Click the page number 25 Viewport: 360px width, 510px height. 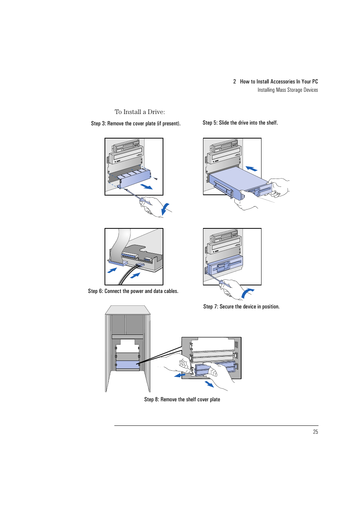click(x=315, y=432)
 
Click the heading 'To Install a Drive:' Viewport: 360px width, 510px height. click(x=140, y=112)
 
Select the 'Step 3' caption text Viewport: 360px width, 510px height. click(x=135, y=123)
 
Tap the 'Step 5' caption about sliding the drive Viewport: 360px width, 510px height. click(x=240, y=123)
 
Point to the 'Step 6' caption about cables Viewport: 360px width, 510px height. click(x=133, y=291)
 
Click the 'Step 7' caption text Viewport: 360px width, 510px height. click(x=241, y=307)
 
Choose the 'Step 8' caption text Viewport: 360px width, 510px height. click(x=182, y=399)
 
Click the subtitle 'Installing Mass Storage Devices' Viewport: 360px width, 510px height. click(x=288, y=90)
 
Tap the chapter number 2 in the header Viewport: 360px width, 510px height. click(x=235, y=82)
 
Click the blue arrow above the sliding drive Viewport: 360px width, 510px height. click(x=251, y=168)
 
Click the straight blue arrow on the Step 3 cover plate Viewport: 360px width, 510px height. click(x=146, y=187)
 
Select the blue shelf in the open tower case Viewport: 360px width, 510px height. click(x=128, y=365)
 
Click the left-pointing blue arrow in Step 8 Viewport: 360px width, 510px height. click(x=180, y=375)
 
